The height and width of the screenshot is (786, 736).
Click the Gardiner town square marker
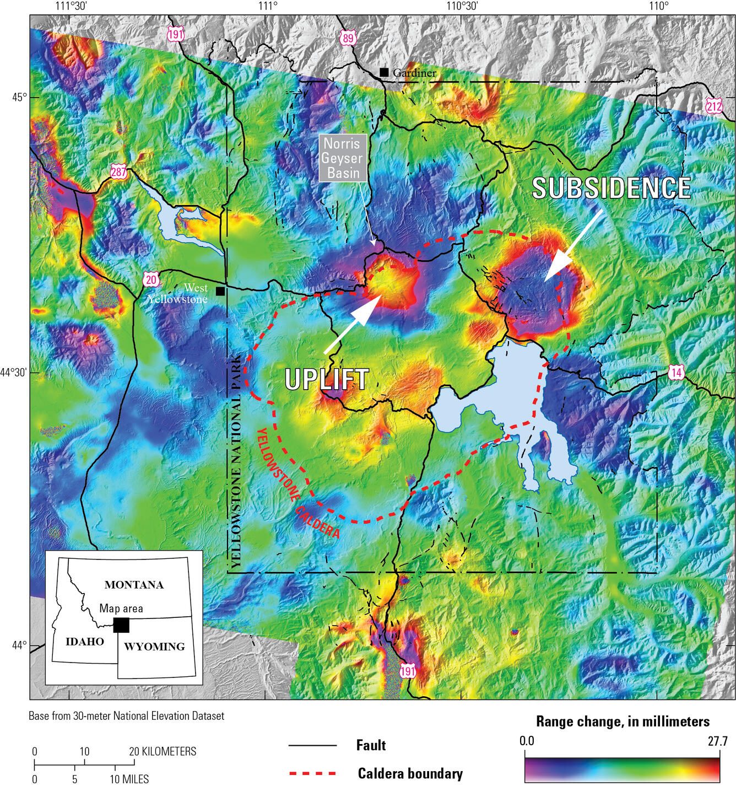coord(384,72)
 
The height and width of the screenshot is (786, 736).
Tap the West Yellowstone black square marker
coord(220,291)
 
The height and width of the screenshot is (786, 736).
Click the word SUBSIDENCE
coord(611,188)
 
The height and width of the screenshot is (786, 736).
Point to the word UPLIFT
coord(326,379)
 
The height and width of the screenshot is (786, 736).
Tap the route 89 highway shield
coord(349,37)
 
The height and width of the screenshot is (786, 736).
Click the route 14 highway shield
coord(677,373)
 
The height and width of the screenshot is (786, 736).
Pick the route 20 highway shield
coord(151,279)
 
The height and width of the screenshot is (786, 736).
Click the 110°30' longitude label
coord(461,7)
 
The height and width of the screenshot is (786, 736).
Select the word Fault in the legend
coord(371,746)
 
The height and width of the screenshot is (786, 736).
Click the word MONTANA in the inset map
coord(134,585)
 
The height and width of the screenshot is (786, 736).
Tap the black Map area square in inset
coord(121,625)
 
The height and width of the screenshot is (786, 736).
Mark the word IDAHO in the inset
coord(84,642)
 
